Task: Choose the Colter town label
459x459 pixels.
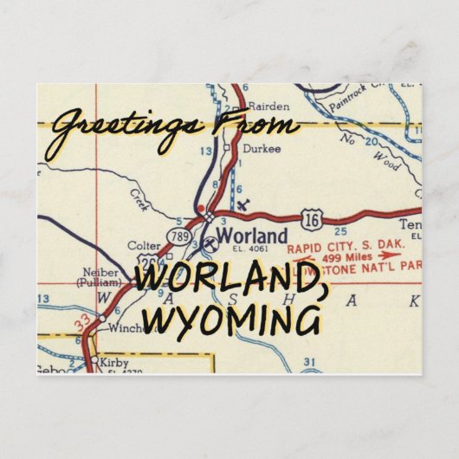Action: click(143, 246)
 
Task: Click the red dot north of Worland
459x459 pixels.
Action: click(201, 209)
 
